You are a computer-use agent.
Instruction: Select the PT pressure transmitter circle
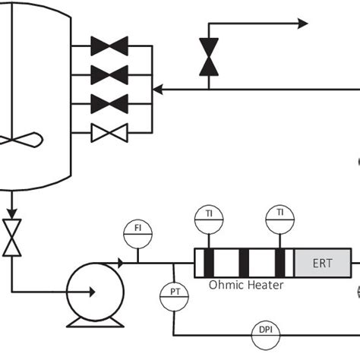(x=174, y=292)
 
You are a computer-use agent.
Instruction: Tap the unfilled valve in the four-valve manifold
(x=109, y=133)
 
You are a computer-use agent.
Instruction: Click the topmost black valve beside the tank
(x=109, y=46)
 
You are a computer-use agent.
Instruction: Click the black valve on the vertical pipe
(x=208, y=58)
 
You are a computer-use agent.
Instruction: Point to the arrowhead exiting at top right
(x=303, y=24)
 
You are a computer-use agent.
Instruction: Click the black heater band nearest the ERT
(x=280, y=263)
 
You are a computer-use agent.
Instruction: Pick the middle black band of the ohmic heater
(x=244, y=263)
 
